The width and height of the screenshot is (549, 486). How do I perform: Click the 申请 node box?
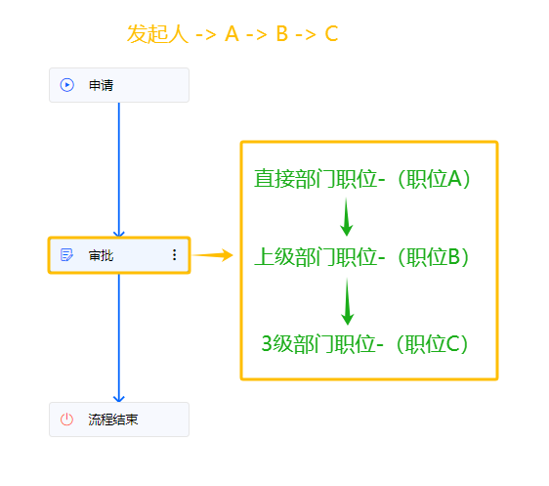[x=119, y=85]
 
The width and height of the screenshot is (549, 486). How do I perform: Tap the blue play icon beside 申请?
[x=66, y=85]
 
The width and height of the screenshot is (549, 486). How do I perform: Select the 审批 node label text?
[x=101, y=255]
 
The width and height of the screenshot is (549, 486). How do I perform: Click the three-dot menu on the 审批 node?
[x=174, y=255]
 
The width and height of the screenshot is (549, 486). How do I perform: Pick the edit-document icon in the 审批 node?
[x=66, y=255]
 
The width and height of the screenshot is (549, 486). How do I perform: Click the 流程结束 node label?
[x=113, y=420]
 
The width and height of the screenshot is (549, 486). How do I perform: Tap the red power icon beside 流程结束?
[x=66, y=420]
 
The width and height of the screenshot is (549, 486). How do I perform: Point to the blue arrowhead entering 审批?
[x=119, y=234]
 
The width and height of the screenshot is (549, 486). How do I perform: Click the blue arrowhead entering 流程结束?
[x=119, y=399]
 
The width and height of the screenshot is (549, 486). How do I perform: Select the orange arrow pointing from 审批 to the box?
[x=212, y=255]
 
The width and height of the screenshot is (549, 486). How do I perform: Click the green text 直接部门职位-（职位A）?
[x=362, y=179]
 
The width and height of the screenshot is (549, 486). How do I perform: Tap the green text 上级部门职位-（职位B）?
[x=362, y=257]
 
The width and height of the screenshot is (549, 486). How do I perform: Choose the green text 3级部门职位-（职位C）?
[x=364, y=344]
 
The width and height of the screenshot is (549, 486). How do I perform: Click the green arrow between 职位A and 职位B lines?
[x=346, y=217]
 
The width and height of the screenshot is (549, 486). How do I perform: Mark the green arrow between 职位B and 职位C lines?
[x=348, y=302]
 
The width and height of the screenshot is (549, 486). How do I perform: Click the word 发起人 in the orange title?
[x=157, y=34]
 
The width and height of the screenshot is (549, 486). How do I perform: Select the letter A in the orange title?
[x=232, y=34]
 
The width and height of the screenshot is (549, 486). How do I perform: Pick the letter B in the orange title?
[x=282, y=34]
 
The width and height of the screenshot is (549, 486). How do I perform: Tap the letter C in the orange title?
[x=331, y=34]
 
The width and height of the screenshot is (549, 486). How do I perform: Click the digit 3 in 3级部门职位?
[x=267, y=344]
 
